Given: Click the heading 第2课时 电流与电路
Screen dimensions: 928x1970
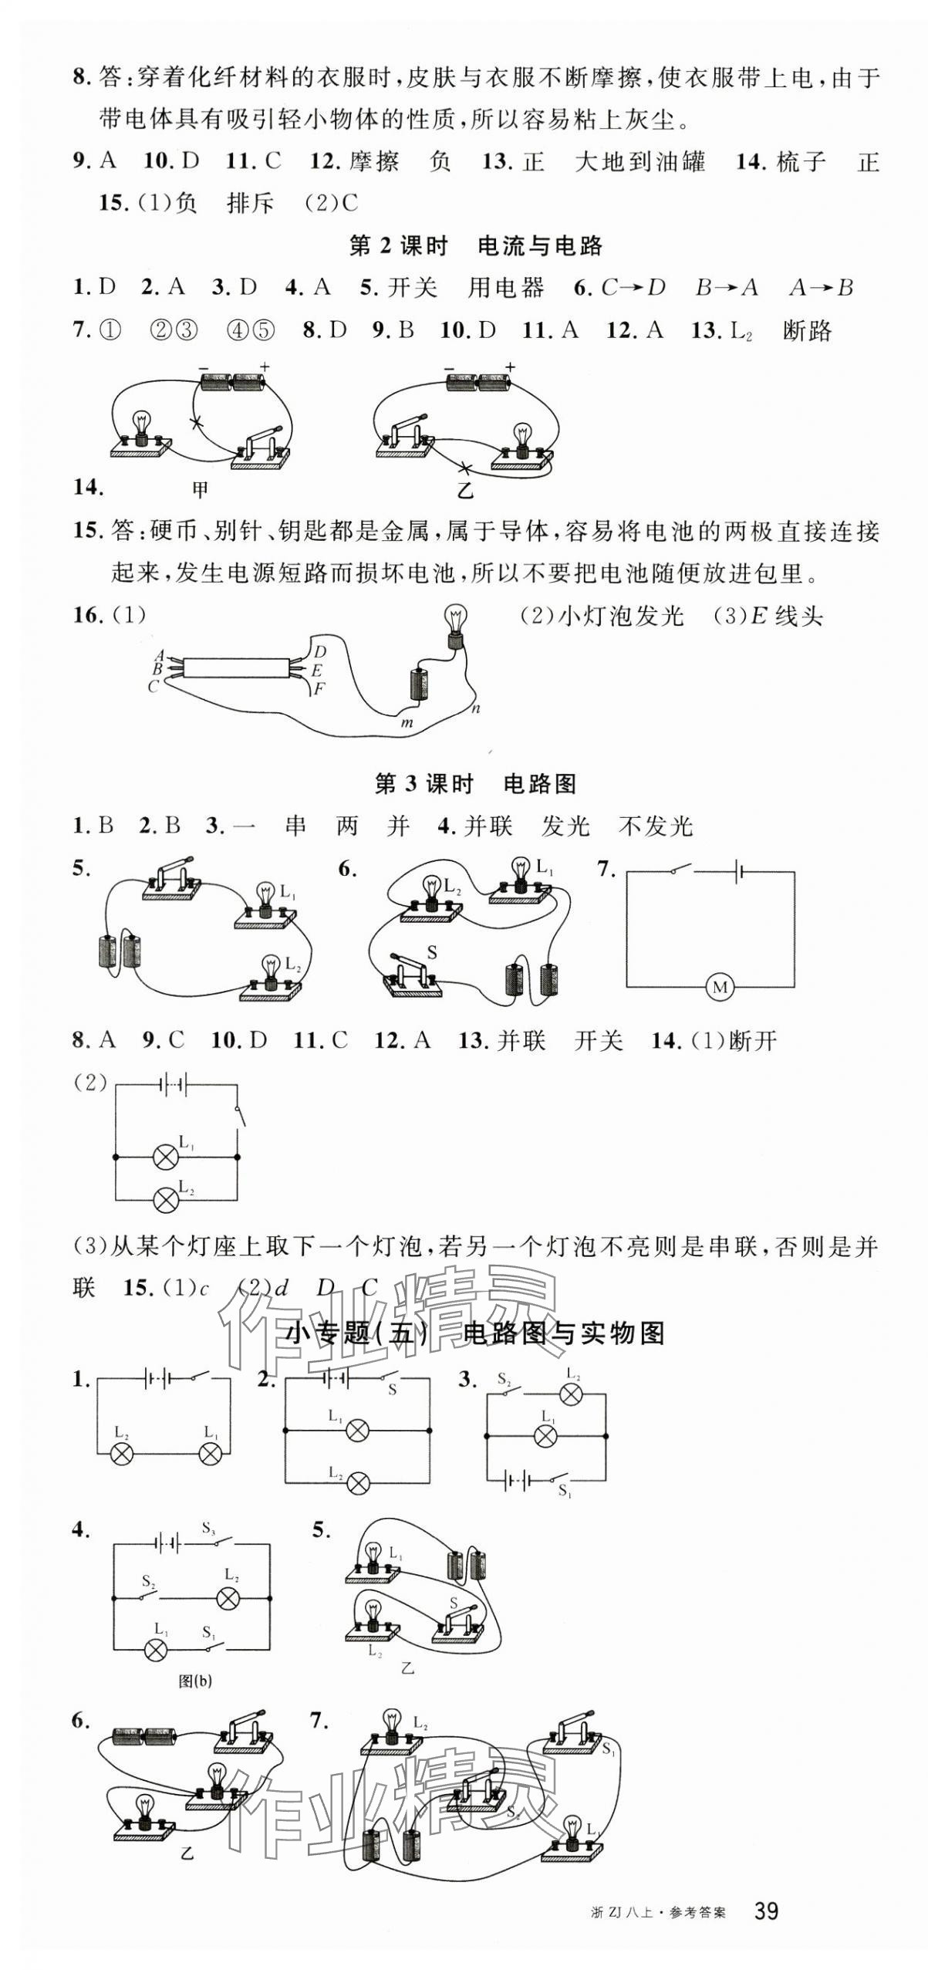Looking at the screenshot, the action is click(475, 246).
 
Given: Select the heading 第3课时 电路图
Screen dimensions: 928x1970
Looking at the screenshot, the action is click(475, 784).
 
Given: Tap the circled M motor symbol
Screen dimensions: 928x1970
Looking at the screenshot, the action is click(720, 987).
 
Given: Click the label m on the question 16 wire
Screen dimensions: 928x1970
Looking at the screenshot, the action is click(407, 723).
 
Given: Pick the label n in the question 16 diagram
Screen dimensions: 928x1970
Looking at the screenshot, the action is click(476, 708).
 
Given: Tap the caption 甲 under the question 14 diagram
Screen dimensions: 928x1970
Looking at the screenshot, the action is click(201, 488).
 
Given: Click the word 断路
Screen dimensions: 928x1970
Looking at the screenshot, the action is click(807, 331).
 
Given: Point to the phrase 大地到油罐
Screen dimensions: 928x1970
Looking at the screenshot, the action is click(639, 162).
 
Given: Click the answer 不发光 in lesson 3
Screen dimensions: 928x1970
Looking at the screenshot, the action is click(656, 826).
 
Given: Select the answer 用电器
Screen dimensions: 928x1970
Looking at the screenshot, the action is click(505, 288).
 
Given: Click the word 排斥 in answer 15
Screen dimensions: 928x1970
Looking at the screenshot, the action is click(251, 203).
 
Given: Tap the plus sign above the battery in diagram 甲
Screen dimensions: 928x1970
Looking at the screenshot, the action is click(265, 367).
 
